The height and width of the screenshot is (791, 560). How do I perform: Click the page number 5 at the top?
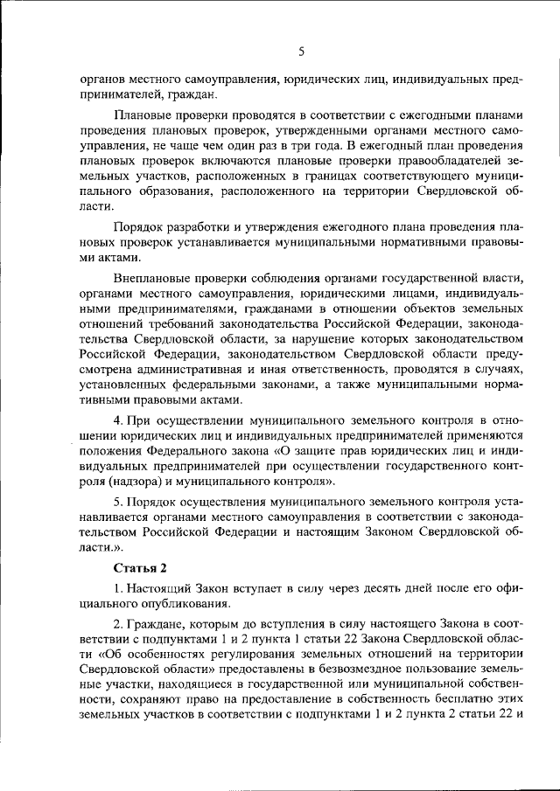click(x=300, y=52)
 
